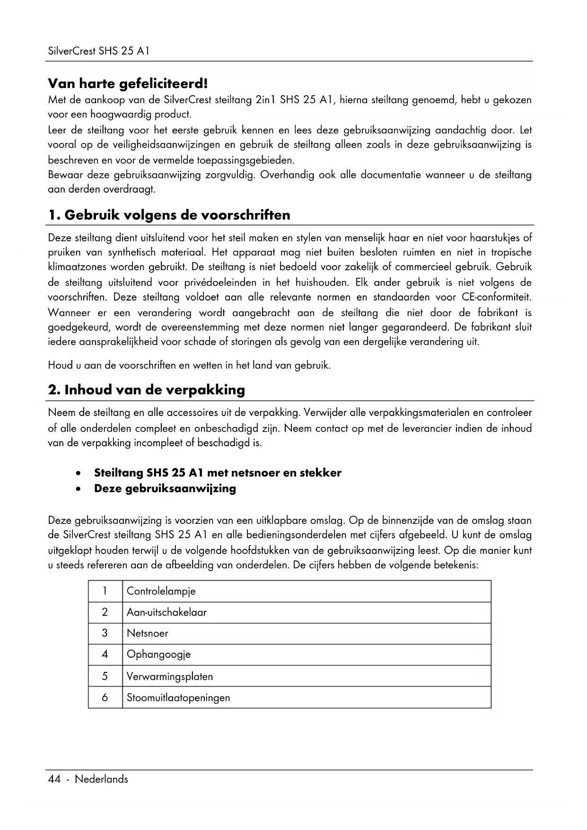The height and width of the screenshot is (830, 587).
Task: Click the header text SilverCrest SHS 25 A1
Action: click(98, 51)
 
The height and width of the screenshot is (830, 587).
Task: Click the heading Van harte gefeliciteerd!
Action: click(128, 84)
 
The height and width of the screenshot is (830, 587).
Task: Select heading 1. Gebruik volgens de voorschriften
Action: click(169, 215)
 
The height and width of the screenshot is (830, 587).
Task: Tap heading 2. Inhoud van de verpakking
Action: click(147, 390)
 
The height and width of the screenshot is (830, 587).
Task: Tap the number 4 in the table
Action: click(105, 654)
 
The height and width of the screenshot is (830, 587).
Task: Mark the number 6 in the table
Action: click(105, 698)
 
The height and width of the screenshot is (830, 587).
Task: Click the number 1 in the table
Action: click(105, 591)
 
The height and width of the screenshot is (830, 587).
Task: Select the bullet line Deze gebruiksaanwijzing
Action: click(165, 488)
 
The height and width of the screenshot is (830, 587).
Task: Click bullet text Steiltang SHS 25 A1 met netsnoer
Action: click(218, 473)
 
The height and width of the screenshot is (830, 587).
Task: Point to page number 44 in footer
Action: click(54, 779)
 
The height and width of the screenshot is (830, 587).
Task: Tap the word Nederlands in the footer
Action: click(101, 779)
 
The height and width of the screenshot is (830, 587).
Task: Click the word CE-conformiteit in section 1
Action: click(496, 298)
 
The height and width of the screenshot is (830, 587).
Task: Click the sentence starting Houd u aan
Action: click(189, 365)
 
